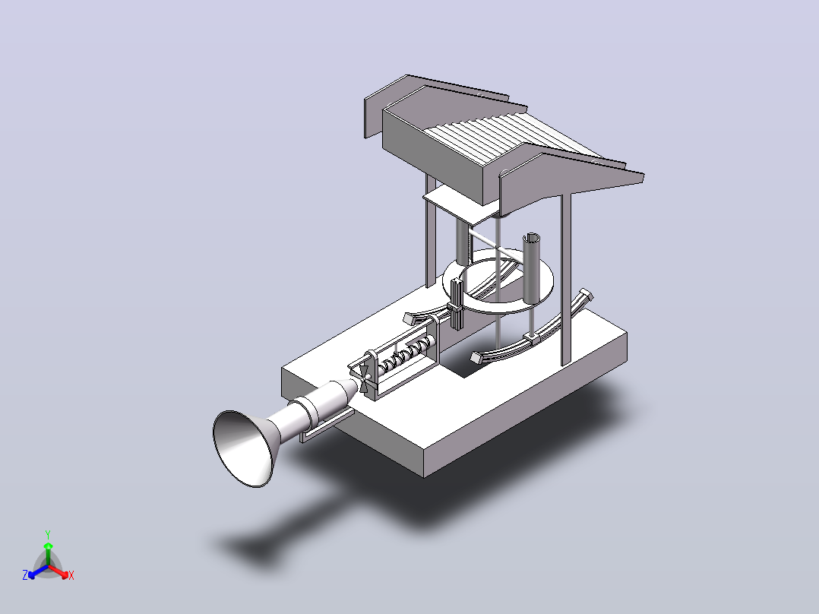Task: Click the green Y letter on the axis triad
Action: click(48, 534)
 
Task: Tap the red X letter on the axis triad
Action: click(71, 576)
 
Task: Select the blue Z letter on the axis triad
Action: click(25, 575)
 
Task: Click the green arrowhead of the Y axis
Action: click(48, 546)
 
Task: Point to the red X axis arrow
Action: click(59, 571)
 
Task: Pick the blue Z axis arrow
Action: click(38, 571)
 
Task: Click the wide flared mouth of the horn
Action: click(242, 448)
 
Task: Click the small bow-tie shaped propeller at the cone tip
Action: click(365, 378)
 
